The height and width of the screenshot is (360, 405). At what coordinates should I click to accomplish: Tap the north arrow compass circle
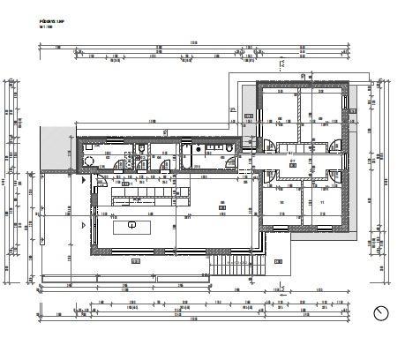(x=381, y=313)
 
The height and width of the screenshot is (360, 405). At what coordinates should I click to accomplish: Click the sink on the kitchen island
(x=131, y=226)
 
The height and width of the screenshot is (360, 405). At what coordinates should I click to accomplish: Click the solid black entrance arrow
(x=84, y=179)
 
